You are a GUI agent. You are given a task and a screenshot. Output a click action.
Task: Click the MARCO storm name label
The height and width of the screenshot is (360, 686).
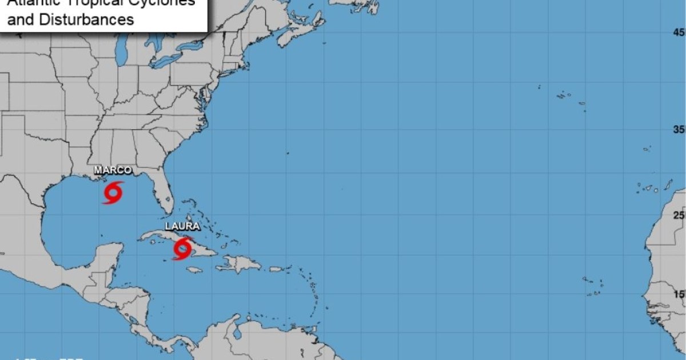click(x=113, y=170)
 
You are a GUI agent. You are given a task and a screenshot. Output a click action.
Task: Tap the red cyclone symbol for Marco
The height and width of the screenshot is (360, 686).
click(x=113, y=193)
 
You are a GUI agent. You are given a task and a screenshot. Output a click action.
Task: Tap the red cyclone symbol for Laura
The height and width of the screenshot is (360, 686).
click(x=182, y=249)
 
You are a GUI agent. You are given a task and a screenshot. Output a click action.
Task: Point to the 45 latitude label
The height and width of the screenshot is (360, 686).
click(x=679, y=33)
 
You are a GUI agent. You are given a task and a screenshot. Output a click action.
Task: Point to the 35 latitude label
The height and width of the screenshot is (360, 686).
click(x=679, y=130)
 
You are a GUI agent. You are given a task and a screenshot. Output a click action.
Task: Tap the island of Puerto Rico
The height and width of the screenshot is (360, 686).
click(x=276, y=269)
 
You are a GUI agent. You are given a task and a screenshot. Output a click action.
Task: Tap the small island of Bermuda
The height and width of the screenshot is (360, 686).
click(x=287, y=153)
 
